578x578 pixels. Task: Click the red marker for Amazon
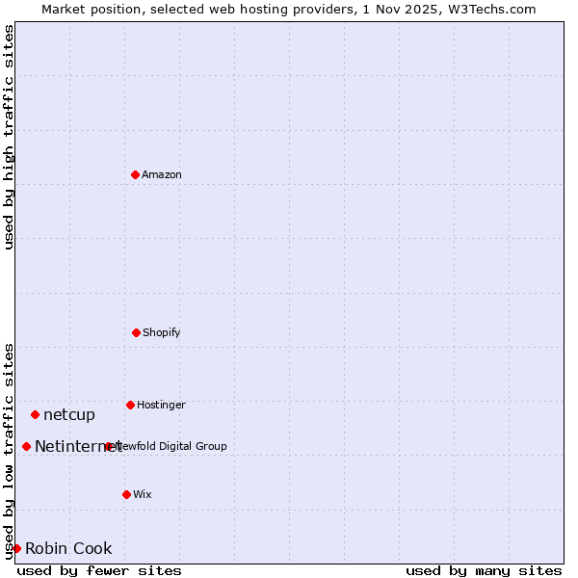tap(135, 174)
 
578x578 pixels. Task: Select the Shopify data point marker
tap(136, 332)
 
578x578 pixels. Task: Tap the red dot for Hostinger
tap(130, 405)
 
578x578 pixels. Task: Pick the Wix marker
tap(126, 494)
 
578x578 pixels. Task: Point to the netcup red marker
tap(35, 414)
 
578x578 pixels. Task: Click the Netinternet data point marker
tap(26, 446)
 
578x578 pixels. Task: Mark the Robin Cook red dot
tap(16, 548)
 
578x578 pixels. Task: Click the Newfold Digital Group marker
tap(109, 446)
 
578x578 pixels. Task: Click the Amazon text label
tap(162, 174)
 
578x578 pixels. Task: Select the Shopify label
tap(162, 332)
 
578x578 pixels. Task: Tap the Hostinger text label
tap(161, 405)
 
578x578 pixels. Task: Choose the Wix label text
tap(143, 494)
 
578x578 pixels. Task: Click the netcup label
tap(69, 414)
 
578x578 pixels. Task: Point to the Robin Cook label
tap(68, 548)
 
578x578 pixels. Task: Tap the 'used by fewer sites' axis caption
tap(99, 570)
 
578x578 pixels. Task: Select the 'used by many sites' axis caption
tap(484, 570)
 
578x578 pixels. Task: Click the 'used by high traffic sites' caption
tap(9, 137)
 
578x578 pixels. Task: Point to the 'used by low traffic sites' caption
tap(9, 450)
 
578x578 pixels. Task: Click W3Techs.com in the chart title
tap(490, 9)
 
